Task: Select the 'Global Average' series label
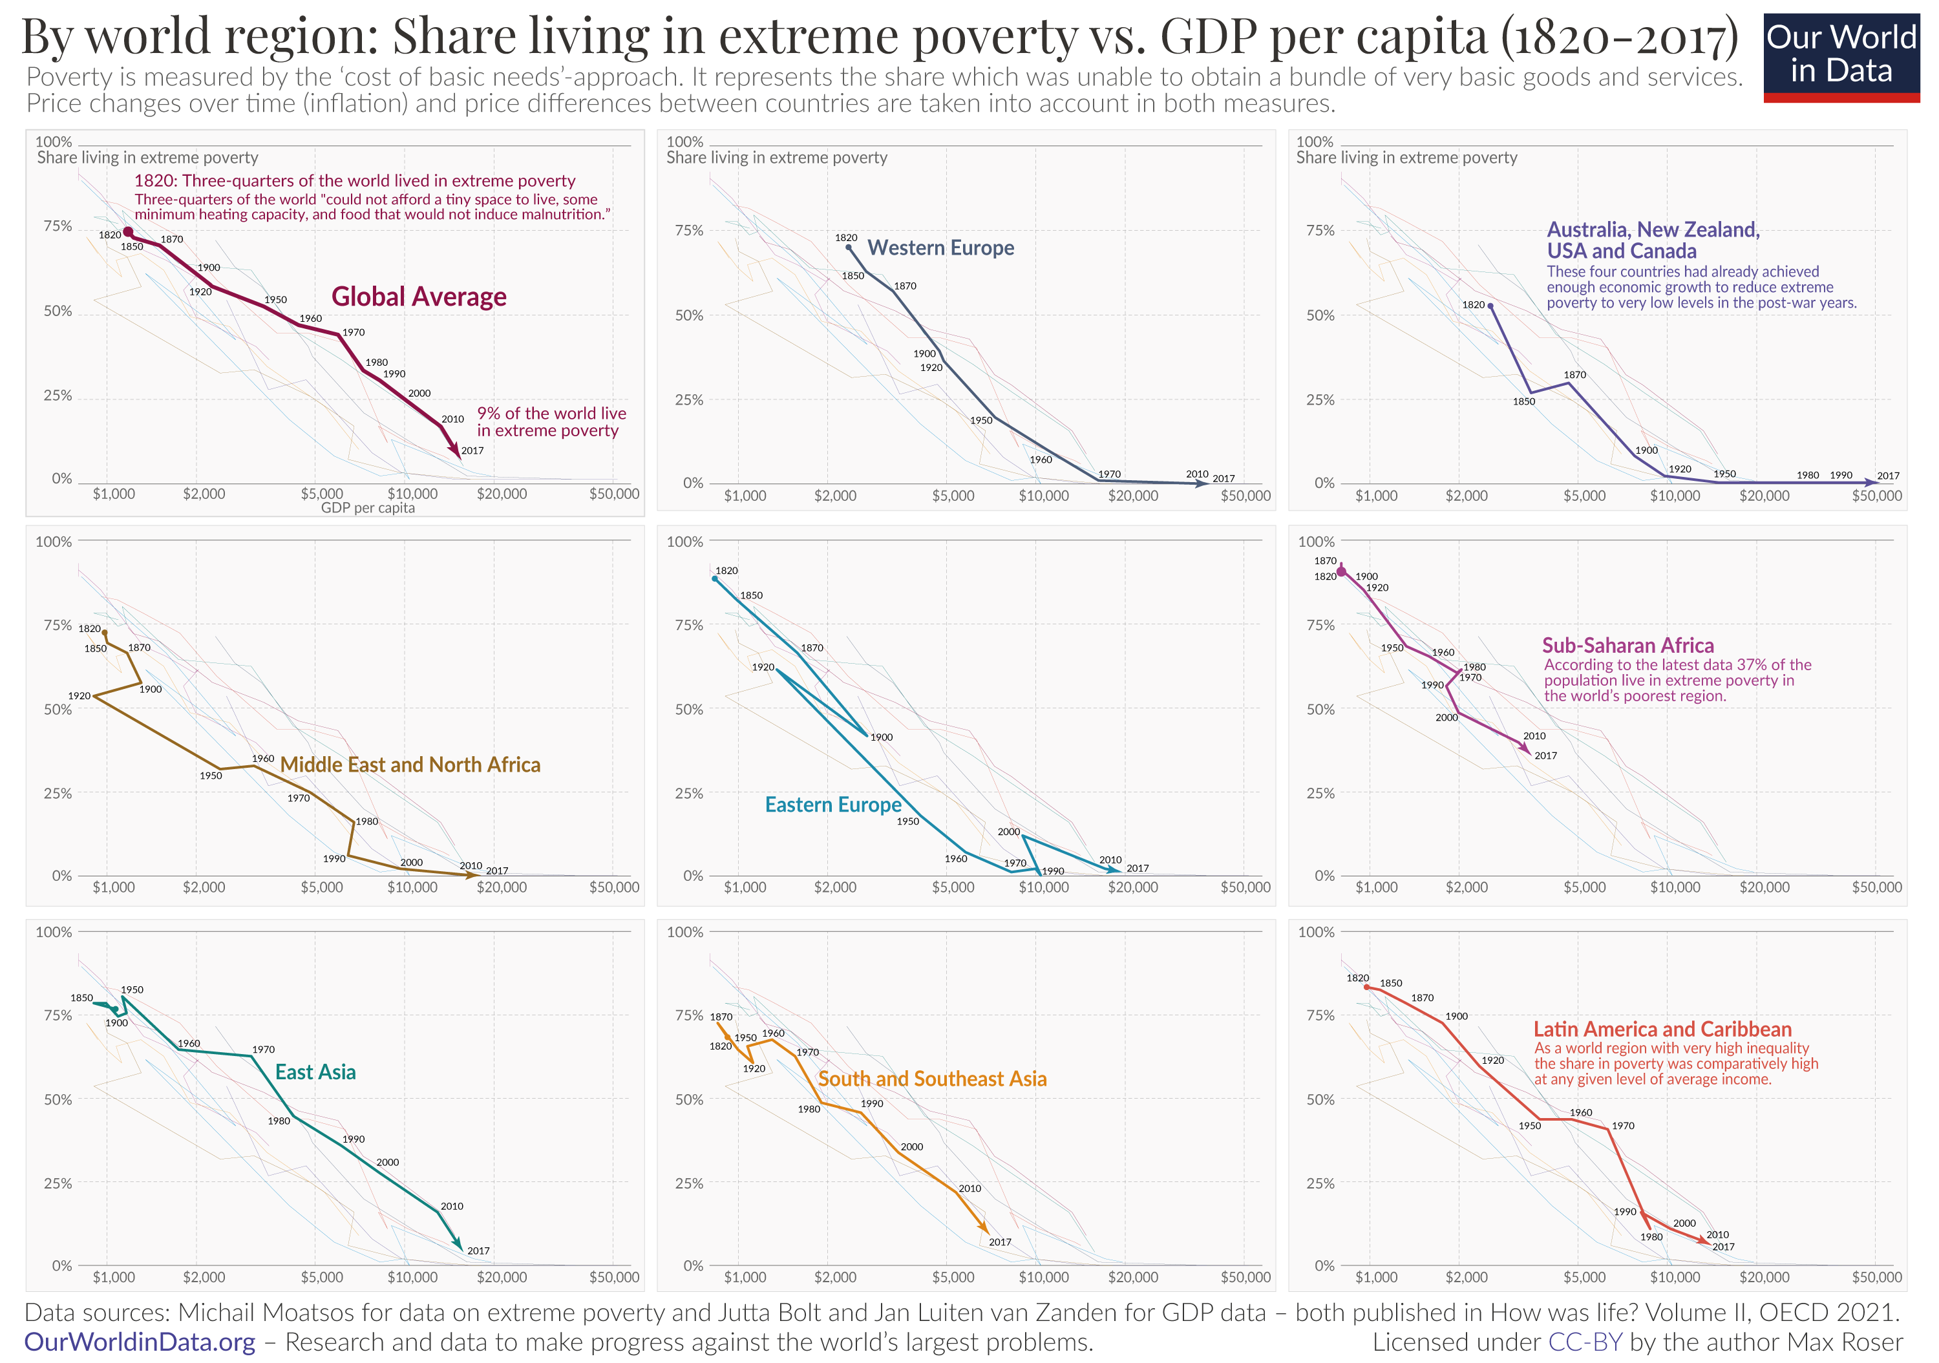coord(418,297)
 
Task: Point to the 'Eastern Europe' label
coord(832,804)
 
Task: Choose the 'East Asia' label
coord(315,1072)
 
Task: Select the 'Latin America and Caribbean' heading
coord(1661,1029)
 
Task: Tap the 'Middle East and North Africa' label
coord(410,765)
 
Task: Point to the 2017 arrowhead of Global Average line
coord(458,454)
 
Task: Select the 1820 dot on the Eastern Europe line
coord(715,578)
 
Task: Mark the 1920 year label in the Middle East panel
coord(79,696)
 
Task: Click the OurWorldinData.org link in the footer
coord(140,1342)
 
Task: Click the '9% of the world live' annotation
coord(551,413)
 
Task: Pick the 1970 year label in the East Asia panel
coord(264,1049)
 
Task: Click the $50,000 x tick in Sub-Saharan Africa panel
coord(1876,887)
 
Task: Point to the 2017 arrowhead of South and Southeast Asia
coord(985,1231)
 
